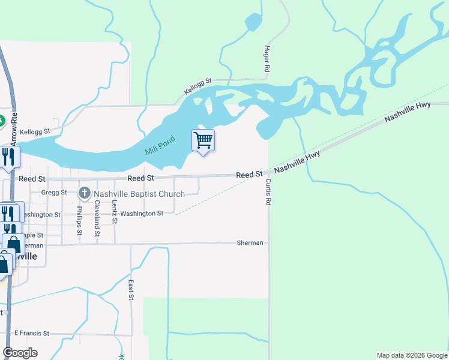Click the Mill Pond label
point(159,146)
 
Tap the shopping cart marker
point(203,140)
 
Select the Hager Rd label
point(267,59)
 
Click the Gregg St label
point(54,193)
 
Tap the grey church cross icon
point(85,193)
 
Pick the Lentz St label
point(114,213)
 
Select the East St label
point(130,289)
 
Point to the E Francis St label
point(31,332)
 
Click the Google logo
point(20,353)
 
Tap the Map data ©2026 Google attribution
point(411,355)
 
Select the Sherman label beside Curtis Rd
point(250,243)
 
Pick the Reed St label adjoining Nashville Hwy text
point(249,175)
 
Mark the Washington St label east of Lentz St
point(142,214)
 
